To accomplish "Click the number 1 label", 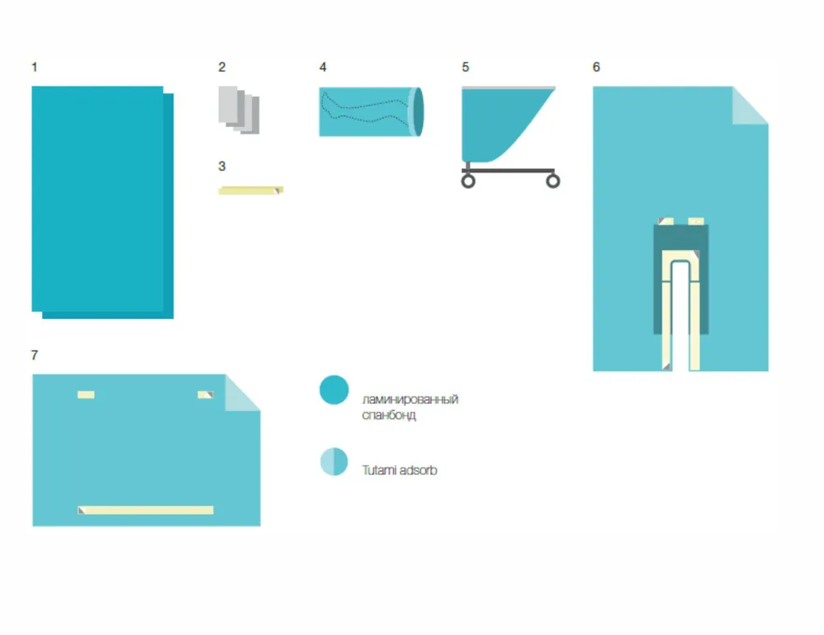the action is tap(34, 68).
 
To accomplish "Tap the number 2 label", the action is tap(222, 68).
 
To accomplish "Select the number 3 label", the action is tap(222, 167).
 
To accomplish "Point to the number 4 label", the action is tap(323, 68).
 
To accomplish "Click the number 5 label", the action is tap(465, 68).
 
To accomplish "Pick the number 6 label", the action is tap(596, 68).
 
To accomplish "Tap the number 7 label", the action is tap(34, 355).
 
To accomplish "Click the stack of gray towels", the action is tap(239, 110).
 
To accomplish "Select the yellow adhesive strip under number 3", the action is tap(250, 190).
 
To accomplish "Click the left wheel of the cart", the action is tap(468, 181).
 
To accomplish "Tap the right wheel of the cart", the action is tap(553, 181).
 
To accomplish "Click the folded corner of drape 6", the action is tap(750, 106).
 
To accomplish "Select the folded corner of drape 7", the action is tap(242, 393).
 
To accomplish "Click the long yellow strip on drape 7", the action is tap(146, 510).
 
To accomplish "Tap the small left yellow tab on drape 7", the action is tap(87, 394).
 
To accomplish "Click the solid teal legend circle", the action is tap(334, 390).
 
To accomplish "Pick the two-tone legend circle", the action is tap(334, 461).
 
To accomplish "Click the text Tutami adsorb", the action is tap(400, 470).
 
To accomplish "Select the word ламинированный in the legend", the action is tap(410, 399).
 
